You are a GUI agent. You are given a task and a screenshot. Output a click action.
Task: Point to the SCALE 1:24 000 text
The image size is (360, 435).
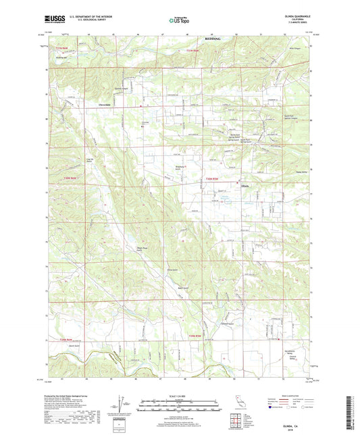180,394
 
